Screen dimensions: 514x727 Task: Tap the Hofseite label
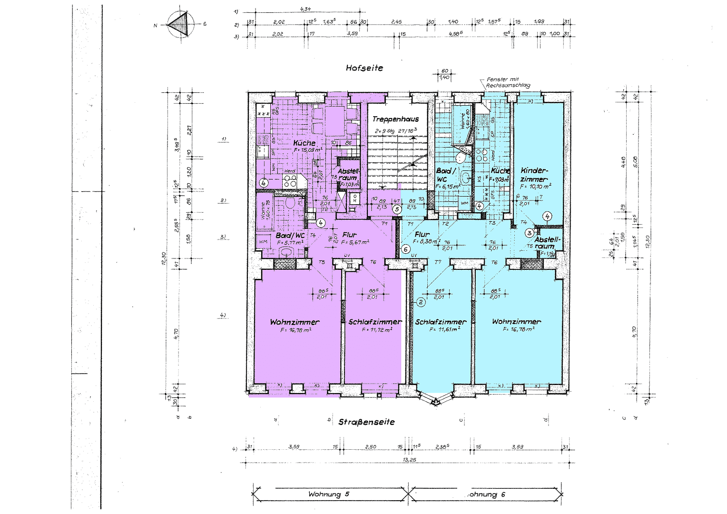[364, 68]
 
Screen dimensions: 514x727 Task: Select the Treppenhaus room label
[395, 119]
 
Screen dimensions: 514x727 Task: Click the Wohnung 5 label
[328, 494]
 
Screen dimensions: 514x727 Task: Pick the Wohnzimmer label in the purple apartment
[295, 322]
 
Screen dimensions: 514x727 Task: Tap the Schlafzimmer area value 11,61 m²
[444, 329]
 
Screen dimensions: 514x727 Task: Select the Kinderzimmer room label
[534, 175]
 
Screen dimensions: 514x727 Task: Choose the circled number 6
[405, 249]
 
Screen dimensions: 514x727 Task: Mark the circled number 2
[421, 302]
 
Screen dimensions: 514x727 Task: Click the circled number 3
[529, 233]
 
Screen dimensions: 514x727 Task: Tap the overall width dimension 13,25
[409, 460]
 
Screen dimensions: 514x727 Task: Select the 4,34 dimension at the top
[306, 9]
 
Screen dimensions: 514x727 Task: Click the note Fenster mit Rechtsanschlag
[507, 82]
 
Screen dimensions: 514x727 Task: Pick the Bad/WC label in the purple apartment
[290, 236]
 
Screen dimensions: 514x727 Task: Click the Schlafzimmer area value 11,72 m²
[377, 329]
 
